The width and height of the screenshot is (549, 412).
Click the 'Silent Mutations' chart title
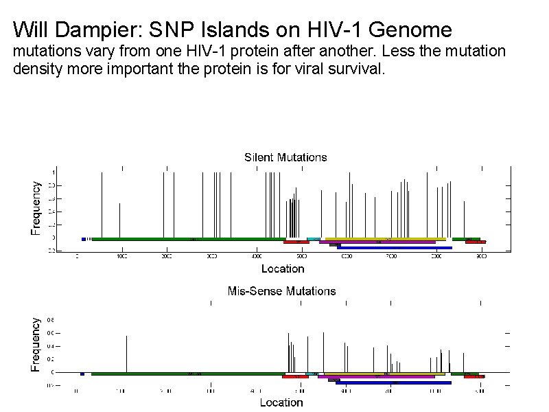(x=285, y=157)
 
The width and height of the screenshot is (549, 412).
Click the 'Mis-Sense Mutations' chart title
(x=281, y=291)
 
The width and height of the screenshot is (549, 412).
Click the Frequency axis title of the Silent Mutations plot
(x=36, y=208)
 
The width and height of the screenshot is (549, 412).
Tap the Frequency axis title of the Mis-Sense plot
(x=36, y=343)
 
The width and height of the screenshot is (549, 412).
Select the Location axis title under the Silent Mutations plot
(x=282, y=268)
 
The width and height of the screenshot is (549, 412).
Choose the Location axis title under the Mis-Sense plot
(x=281, y=402)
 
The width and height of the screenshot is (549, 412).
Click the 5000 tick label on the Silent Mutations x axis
(x=301, y=257)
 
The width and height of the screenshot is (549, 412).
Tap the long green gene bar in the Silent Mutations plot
(x=189, y=239)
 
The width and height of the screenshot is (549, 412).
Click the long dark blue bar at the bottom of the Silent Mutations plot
(x=395, y=248)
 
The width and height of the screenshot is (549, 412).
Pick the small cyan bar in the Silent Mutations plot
(x=314, y=239)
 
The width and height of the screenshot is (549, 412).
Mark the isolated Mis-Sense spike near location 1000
(x=127, y=354)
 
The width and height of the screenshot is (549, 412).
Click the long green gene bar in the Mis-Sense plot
(x=187, y=374)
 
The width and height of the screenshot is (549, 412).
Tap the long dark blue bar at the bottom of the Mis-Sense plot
(x=394, y=382)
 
